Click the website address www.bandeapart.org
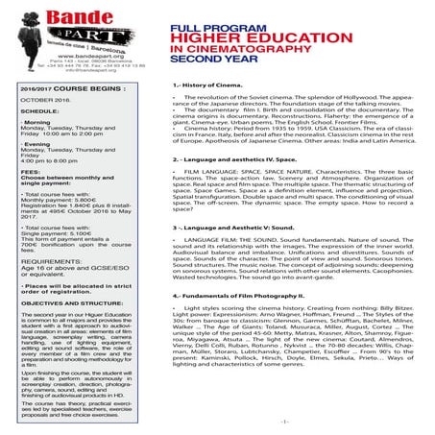pos(57,59)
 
